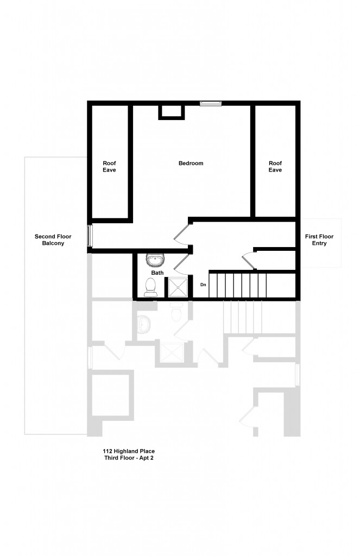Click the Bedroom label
tap(191, 163)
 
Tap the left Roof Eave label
tap(110, 167)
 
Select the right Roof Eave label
tap(275, 167)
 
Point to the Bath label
tap(157, 273)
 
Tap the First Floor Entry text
tap(319, 240)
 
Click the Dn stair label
tap(203, 285)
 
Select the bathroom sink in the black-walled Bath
tap(155, 260)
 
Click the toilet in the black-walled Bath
tap(151, 287)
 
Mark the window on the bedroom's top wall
tap(211, 103)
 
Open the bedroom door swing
tap(182, 235)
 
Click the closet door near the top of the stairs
tap(248, 260)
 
